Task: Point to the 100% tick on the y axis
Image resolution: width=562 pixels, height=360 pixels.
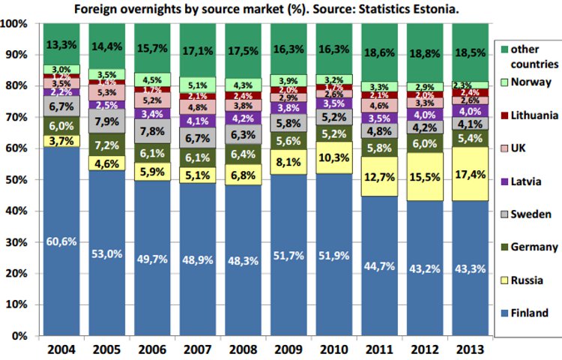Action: pyautogui.click(x=15, y=24)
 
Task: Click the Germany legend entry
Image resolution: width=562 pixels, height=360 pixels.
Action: pyautogui.click(x=532, y=247)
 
